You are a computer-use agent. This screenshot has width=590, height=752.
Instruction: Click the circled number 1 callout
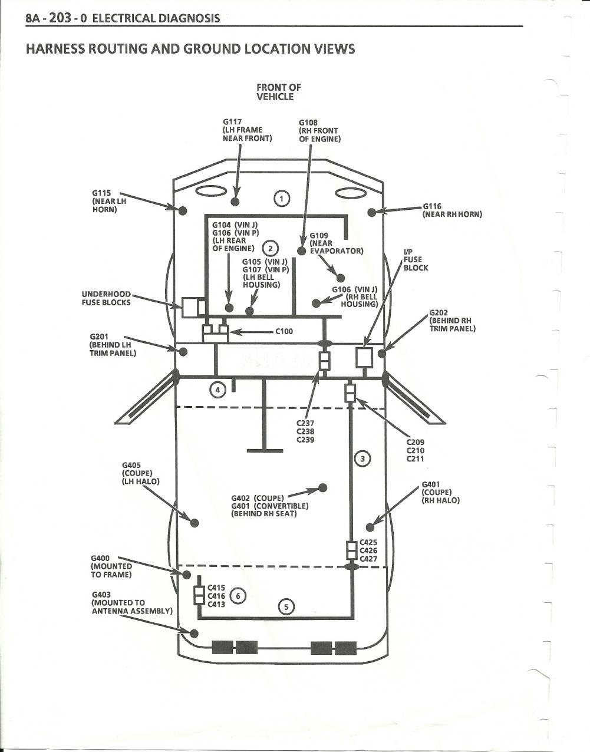[x=282, y=199]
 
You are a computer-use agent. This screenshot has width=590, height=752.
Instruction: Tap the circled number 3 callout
[x=362, y=459]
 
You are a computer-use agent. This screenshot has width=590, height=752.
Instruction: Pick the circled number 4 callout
[x=218, y=390]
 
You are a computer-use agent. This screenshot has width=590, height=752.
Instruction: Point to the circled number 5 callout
[x=286, y=606]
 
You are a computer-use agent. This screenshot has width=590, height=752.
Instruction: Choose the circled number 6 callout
[x=238, y=596]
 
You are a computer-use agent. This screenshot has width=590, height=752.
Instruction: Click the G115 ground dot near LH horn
[x=183, y=210]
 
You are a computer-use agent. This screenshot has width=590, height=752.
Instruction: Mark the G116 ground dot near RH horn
[x=372, y=212]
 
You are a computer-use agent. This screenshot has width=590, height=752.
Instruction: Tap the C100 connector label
[x=284, y=331]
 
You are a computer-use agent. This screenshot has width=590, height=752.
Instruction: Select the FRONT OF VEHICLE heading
[x=278, y=92]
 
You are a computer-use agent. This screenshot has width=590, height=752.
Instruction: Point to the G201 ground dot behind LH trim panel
[x=183, y=352]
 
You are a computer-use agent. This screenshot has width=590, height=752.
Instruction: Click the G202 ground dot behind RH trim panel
[x=382, y=354]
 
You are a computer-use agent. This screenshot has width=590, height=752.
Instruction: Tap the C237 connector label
[x=305, y=423]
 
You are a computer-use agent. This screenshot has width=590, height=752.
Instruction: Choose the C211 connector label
[x=416, y=459]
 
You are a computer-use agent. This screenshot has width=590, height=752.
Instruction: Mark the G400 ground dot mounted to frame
[x=186, y=574]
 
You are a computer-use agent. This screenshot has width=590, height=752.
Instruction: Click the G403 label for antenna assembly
[x=100, y=595]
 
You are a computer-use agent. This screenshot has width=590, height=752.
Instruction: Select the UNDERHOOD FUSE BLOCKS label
[x=106, y=298]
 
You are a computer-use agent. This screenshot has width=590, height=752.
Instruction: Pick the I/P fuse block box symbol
[x=364, y=357]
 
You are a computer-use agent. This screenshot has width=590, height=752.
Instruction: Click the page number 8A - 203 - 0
[x=57, y=18]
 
